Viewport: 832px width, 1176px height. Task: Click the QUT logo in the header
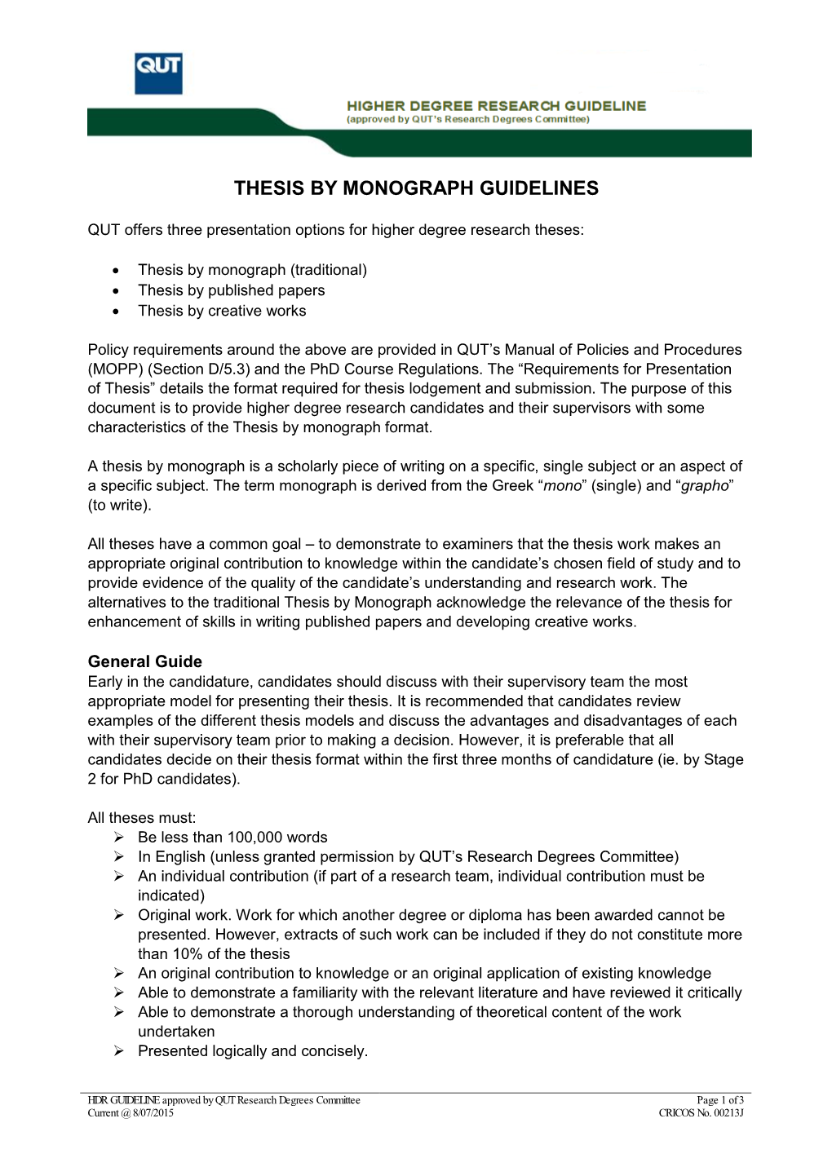tap(158, 73)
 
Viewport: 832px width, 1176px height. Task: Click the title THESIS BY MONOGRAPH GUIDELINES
tap(416, 188)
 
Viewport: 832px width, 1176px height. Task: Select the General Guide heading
tap(145, 661)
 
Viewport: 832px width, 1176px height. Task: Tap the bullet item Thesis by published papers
tap(231, 290)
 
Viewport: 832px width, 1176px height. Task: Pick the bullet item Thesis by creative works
tap(222, 311)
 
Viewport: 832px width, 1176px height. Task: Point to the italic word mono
tap(562, 486)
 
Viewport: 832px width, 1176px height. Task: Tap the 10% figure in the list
tap(187, 954)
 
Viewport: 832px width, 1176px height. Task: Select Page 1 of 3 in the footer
tap(720, 1100)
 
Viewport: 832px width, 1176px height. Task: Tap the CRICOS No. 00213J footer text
tap(701, 1113)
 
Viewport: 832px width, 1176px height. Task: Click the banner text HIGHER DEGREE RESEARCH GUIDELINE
tap(496, 106)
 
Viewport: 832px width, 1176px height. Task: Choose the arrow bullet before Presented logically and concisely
tap(119, 1051)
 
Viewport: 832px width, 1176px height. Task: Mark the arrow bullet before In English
tap(119, 857)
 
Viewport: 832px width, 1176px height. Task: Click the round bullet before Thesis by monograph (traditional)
tap(117, 271)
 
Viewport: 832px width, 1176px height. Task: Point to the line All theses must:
tap(142, 818)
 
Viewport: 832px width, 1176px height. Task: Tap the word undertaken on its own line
tap(176, 1032)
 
